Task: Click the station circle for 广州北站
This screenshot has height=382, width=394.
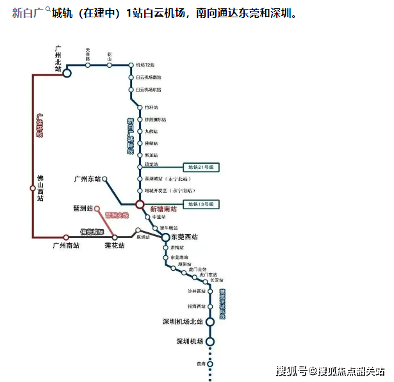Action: (67, 72)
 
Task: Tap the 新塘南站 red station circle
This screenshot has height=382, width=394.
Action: (139, 204)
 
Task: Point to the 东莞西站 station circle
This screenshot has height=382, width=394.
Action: (165, 237)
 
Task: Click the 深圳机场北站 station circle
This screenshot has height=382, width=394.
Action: (209, 322)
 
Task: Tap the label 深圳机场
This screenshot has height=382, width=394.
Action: (190, 342)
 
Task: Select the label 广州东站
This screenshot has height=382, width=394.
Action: (87, 179)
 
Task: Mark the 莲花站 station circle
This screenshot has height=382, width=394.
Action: (115, 237)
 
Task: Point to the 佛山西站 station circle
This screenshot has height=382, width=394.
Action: (33, 187)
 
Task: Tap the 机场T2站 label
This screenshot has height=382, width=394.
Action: (145, 65)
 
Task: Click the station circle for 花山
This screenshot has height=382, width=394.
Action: (110, 65)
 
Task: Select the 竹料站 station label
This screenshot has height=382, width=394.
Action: (151, 108)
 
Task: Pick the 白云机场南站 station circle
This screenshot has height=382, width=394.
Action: (131, 77)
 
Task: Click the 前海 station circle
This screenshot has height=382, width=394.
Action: (209, 363)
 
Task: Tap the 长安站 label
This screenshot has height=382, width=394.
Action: (216, 280)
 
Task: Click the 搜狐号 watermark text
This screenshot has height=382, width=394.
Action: (291, 370)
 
